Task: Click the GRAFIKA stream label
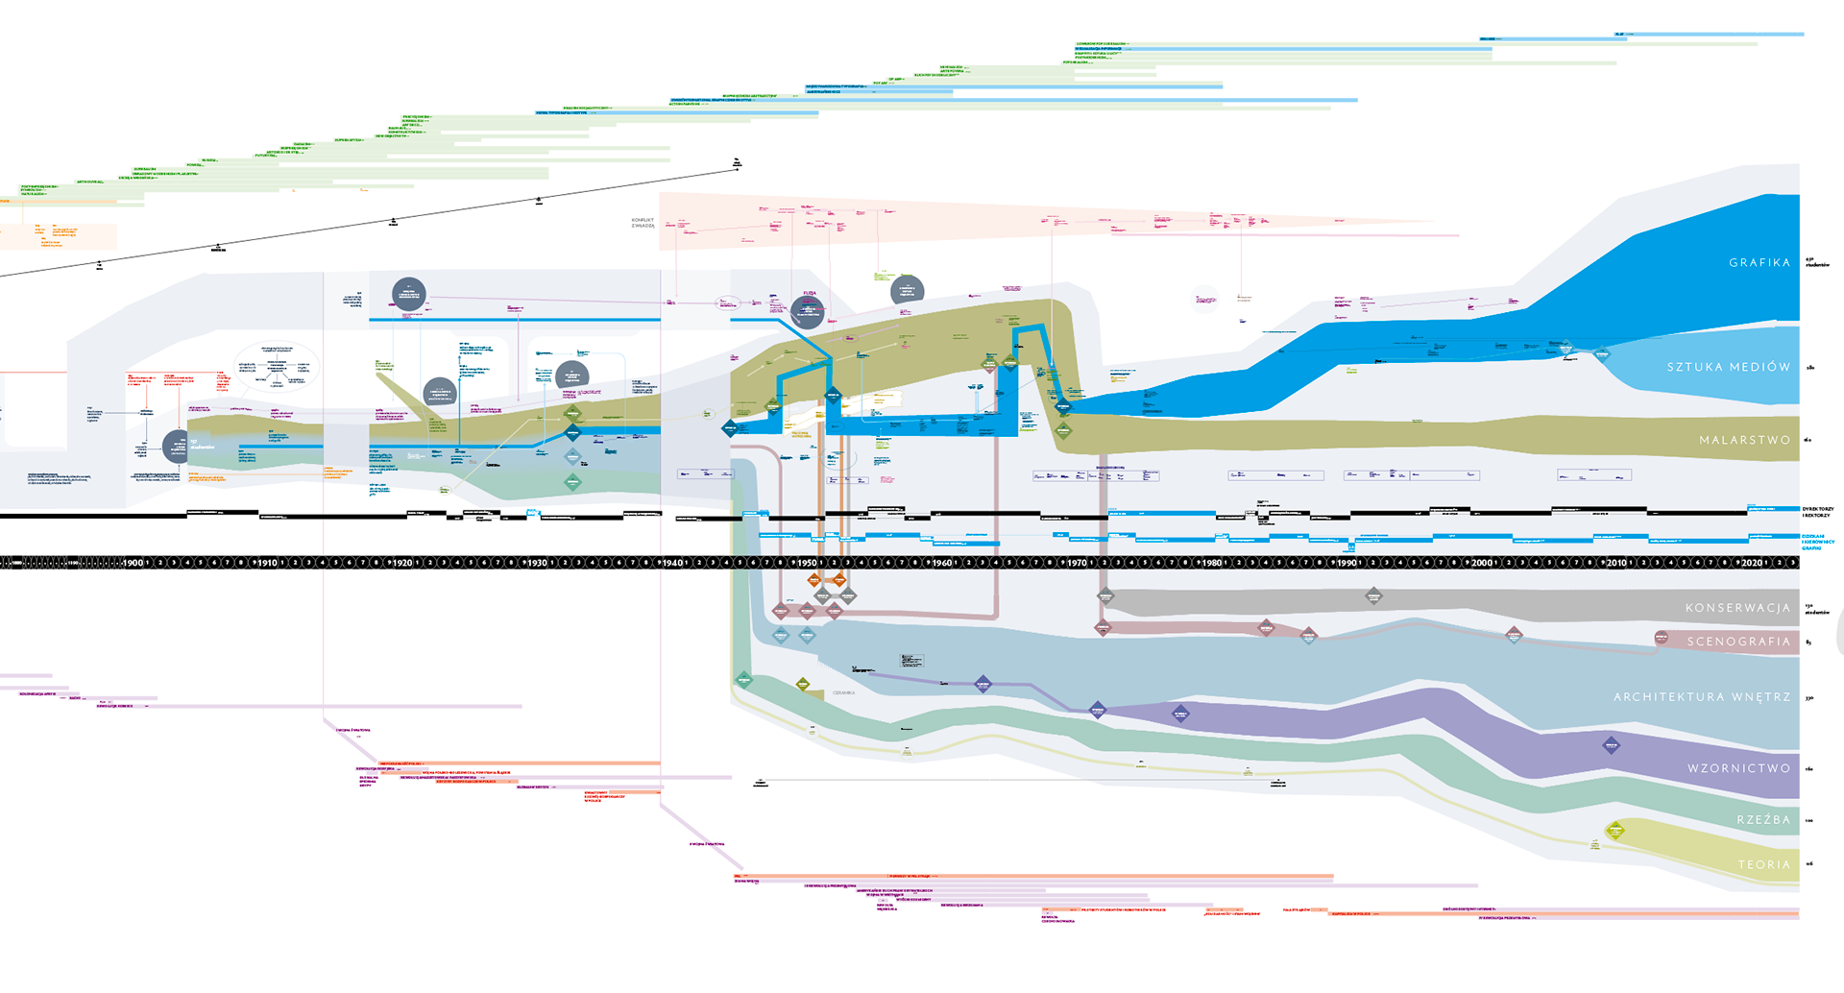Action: [1759, 262]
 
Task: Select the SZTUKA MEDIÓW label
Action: [1729, 367]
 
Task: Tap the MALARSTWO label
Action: [1744, 440]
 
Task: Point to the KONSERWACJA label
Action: [1737, 608]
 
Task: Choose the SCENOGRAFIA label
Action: [1738, 642]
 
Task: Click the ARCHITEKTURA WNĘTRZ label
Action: [1702, 697]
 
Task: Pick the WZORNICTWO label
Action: [1738, 768]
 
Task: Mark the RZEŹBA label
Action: [1763, 819]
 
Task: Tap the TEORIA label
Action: [1764, 864]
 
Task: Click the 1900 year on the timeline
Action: [133, 563]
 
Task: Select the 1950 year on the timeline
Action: [807, 563]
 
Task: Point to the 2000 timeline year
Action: [1482, 563]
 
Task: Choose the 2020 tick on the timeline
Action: [1752, 563]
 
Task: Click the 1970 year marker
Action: [1077, 563]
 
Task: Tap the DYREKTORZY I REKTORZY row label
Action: [1817, 512]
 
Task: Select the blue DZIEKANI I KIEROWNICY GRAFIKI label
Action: [1817, 542]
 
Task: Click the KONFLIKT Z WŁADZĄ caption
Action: [643, 223]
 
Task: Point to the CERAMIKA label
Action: [843, 692]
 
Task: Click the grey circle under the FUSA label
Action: [808, 311]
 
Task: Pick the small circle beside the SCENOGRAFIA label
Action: [1662, 638]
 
